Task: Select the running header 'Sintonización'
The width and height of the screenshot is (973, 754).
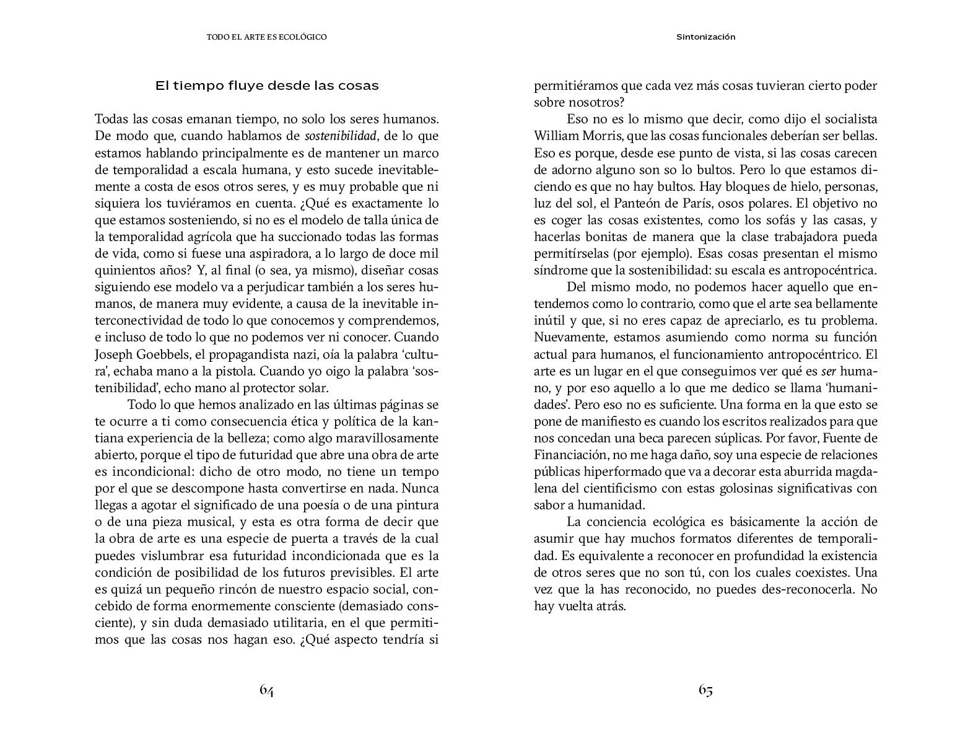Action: (x=705, y=37)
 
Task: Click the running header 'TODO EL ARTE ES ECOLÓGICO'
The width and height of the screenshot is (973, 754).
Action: (x=267, y=37)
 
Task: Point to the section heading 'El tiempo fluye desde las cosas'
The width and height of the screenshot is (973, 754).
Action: (x=267, y=86)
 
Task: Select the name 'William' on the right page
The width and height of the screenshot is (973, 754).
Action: (x=555, y=136)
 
